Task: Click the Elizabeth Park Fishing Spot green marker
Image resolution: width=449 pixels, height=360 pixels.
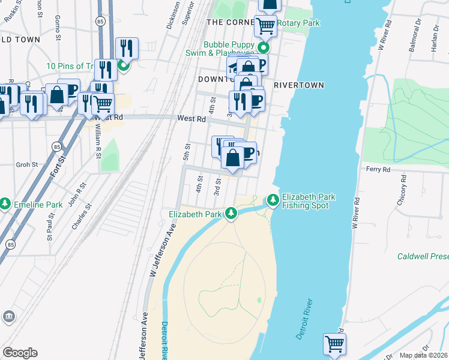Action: point(273,199)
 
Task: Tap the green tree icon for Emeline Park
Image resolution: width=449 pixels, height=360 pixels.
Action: point(5,204)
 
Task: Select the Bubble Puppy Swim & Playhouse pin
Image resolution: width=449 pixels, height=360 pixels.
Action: point(263,48)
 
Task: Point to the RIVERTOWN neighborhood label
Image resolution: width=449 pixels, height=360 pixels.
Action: point(299,85)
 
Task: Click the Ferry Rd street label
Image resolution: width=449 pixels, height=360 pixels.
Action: point(378,170)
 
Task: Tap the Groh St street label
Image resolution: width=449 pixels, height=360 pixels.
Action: point(27,164)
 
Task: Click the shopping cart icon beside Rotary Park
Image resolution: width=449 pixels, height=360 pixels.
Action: point(265,26)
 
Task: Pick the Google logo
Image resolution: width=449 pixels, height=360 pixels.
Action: point(20,353)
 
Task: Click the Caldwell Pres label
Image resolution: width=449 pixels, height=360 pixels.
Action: point(423,256)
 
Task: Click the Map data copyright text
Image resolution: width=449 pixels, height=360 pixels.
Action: point(424,355)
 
